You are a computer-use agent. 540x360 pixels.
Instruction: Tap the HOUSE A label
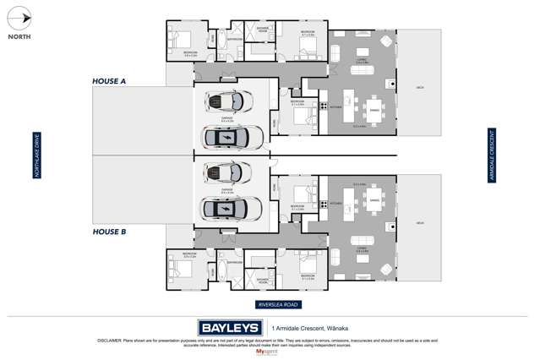[109, 81]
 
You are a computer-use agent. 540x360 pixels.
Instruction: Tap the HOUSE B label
[109, 230]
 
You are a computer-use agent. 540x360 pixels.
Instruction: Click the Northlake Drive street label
[36, 155]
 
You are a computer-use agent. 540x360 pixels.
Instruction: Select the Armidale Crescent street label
[490, 155]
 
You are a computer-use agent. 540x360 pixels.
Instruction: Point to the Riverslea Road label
[279, 303]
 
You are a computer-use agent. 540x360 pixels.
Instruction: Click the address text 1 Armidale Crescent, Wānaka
[312, 327]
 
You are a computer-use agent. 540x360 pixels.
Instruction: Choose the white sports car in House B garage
[229, 173]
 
